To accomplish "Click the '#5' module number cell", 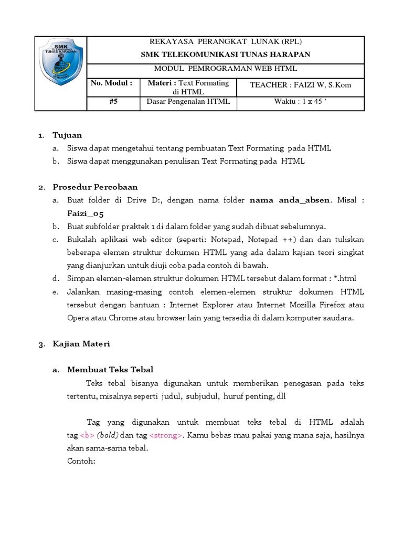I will tap(113, 102).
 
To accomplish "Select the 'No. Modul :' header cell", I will tap(111, 83).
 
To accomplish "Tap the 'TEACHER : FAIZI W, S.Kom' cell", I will tap(300, 85).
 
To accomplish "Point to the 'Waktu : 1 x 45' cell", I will tap(300, 102).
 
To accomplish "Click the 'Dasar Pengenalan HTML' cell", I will tap(189, 102).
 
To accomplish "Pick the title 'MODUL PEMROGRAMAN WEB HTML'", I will tap(225, 68).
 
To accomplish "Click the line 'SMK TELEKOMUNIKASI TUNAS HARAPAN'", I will tap(225, 54).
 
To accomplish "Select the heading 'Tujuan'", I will tap(67, 135).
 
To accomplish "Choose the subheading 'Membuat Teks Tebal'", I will tap(110, 370).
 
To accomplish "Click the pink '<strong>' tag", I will tap(166, 435).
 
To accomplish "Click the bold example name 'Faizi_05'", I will tap(86, 213).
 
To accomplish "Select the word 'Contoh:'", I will tap(82, 461).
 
